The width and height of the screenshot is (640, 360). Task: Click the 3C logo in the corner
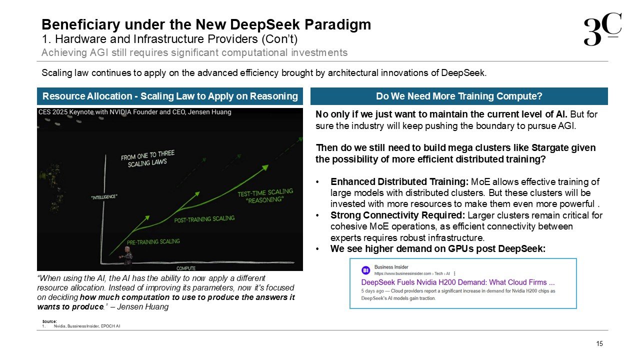[602, 29]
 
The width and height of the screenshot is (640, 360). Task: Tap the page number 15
[599, 343]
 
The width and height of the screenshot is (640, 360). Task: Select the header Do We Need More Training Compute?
[459, 96]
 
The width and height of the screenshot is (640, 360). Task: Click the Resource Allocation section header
[170, 96]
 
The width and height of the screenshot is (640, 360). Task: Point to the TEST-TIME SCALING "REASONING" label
[265, 195]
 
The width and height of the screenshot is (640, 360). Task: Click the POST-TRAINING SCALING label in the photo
[204, 219]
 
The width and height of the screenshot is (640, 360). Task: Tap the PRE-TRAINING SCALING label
[153, 241]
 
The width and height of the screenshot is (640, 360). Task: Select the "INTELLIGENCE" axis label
[104, 197]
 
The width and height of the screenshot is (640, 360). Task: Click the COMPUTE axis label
[186, 268]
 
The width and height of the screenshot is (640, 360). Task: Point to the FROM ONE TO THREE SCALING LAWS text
[147, 158]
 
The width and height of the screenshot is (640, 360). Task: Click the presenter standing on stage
[126, 256]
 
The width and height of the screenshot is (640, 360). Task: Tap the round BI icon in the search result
[365, 270]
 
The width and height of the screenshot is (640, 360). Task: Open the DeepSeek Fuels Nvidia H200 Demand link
[458, 282]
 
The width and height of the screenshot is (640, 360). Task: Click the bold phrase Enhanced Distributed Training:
[399, 181]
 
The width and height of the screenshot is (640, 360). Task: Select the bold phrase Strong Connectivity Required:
[397, 215]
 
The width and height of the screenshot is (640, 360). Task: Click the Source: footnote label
[49, 321]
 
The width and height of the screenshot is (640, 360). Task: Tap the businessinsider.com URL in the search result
[403, 273]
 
